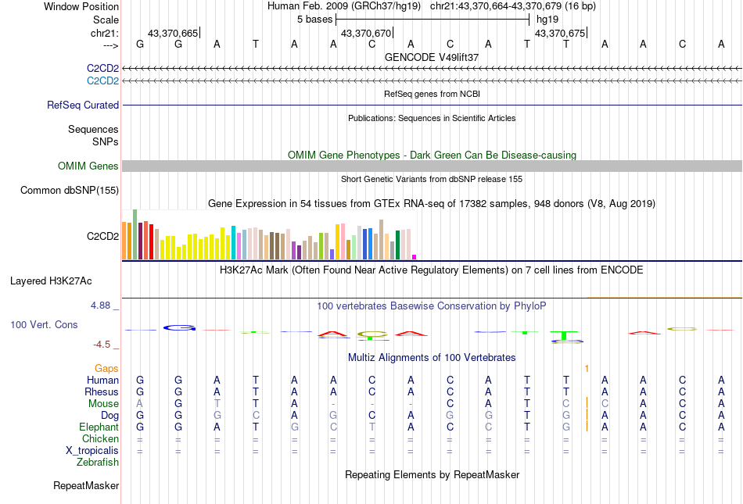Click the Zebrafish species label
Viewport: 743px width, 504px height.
coord(98,463)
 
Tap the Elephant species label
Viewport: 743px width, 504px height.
coord(99,427)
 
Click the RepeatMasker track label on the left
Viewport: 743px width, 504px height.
coord(86,486)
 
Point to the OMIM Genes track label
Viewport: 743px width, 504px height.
coord(88,166)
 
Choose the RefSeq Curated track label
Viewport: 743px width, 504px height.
coord(83,105)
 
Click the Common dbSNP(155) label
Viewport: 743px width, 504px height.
coord(70,190)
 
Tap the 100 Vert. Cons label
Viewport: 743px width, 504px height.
coord(44,323)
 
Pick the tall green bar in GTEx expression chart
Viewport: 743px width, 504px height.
coord(135,234)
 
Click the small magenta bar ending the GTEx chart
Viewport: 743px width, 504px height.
coord(415,256)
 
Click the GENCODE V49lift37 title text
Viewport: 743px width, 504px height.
coord(432,57)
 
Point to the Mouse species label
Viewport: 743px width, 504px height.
coord(104,404)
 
